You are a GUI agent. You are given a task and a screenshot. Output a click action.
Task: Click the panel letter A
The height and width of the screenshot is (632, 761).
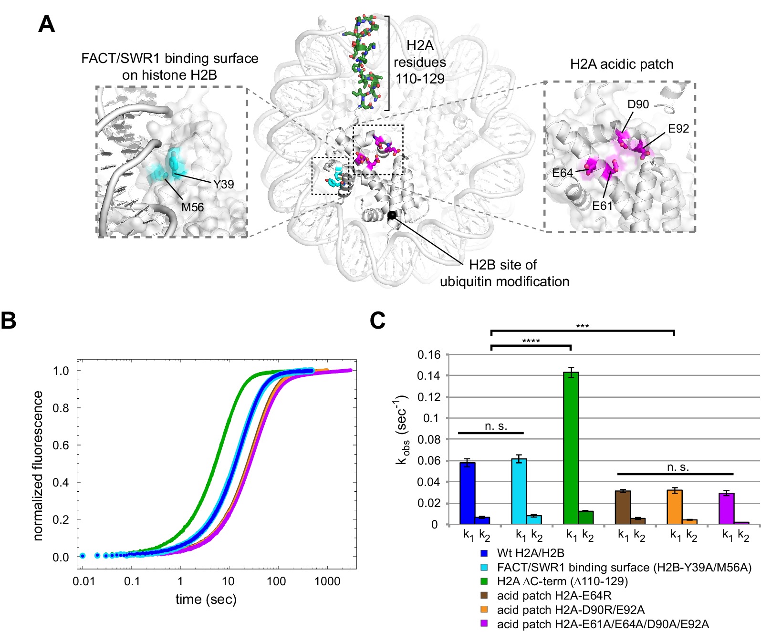point(46,23)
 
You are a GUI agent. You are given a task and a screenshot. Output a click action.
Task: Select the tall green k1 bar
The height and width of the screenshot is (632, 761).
point(571,448)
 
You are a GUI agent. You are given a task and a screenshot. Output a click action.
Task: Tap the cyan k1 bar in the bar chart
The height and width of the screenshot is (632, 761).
point(519,491)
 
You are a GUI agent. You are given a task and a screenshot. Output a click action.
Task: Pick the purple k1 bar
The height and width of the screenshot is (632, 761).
point(726,508)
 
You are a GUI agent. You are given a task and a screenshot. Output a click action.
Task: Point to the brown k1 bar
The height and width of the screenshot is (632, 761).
point(623,508)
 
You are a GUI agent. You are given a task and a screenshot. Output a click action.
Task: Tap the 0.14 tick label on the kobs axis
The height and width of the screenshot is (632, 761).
point(427,376)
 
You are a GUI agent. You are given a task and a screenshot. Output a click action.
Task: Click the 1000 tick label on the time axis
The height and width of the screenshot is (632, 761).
point(327,581)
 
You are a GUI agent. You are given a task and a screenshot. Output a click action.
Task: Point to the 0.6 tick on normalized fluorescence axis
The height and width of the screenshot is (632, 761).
point(61,445)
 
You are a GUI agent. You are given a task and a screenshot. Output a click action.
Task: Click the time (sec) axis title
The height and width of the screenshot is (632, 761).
point(206,599)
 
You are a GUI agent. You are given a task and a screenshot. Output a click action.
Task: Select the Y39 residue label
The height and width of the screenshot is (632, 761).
point(223,184)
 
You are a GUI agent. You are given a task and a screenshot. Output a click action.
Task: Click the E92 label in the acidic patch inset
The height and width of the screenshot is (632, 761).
point(678,128)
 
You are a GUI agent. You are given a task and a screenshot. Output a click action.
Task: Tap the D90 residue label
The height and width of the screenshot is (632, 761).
point(638,104)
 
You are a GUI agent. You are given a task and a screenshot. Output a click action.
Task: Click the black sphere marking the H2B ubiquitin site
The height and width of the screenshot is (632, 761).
point(392,215)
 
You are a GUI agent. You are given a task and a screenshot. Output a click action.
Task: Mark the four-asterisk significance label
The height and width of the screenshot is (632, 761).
point(531,341)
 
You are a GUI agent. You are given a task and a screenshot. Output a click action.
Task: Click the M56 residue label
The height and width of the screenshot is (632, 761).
point(192,207)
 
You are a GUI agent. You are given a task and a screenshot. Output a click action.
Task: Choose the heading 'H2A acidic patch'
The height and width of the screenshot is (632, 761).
point(621,64)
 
